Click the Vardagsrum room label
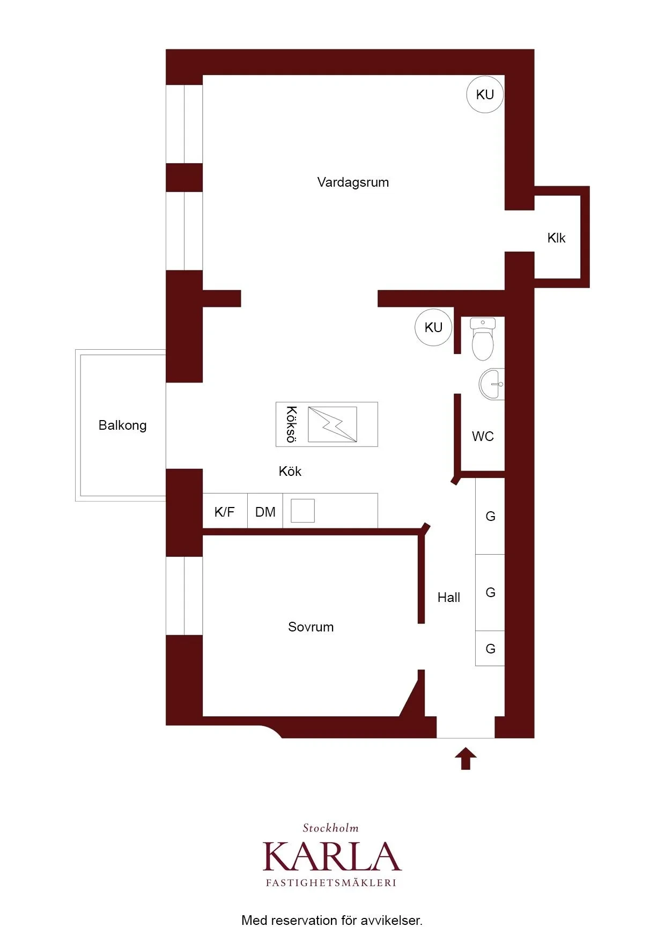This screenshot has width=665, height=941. pyautogui.click(x=353, y=182)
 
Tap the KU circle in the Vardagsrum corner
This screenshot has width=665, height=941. pyautogui.click(x=485, y=94)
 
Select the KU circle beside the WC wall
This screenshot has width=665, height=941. pyautogui.click(x=433, y=327)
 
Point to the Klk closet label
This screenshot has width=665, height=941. pyautogui.click(x=556, y=238)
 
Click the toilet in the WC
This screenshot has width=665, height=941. pyautogui.click(x=483, y=339)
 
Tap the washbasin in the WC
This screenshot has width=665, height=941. pyautogui.click(x=492, y=384)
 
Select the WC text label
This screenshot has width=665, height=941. pyautogui.click(x=483, y=436)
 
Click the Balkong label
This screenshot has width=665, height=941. pyautogui.click(x=122, y=425)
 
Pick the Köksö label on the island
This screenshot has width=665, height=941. pyautogui.click(x=291, y=424)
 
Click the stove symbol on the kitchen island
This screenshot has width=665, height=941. pyautogui.click(x=332, y=424)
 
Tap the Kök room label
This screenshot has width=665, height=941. pyautogui.click(x=290, y=471)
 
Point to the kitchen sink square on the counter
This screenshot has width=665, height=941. pyautogui.click(x=302, y=511)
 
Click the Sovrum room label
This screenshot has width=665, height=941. pyautogui.click(x=311, y=627)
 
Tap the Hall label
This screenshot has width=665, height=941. pyautogui.click(x=449, y=597)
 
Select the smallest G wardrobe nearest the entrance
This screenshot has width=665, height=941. pyautogui.click(x=490, y=649)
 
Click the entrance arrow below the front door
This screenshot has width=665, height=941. pyautogui.click(x=465, y=758)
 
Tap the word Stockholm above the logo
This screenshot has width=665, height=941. pyautogui.click(x=330, y=828)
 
